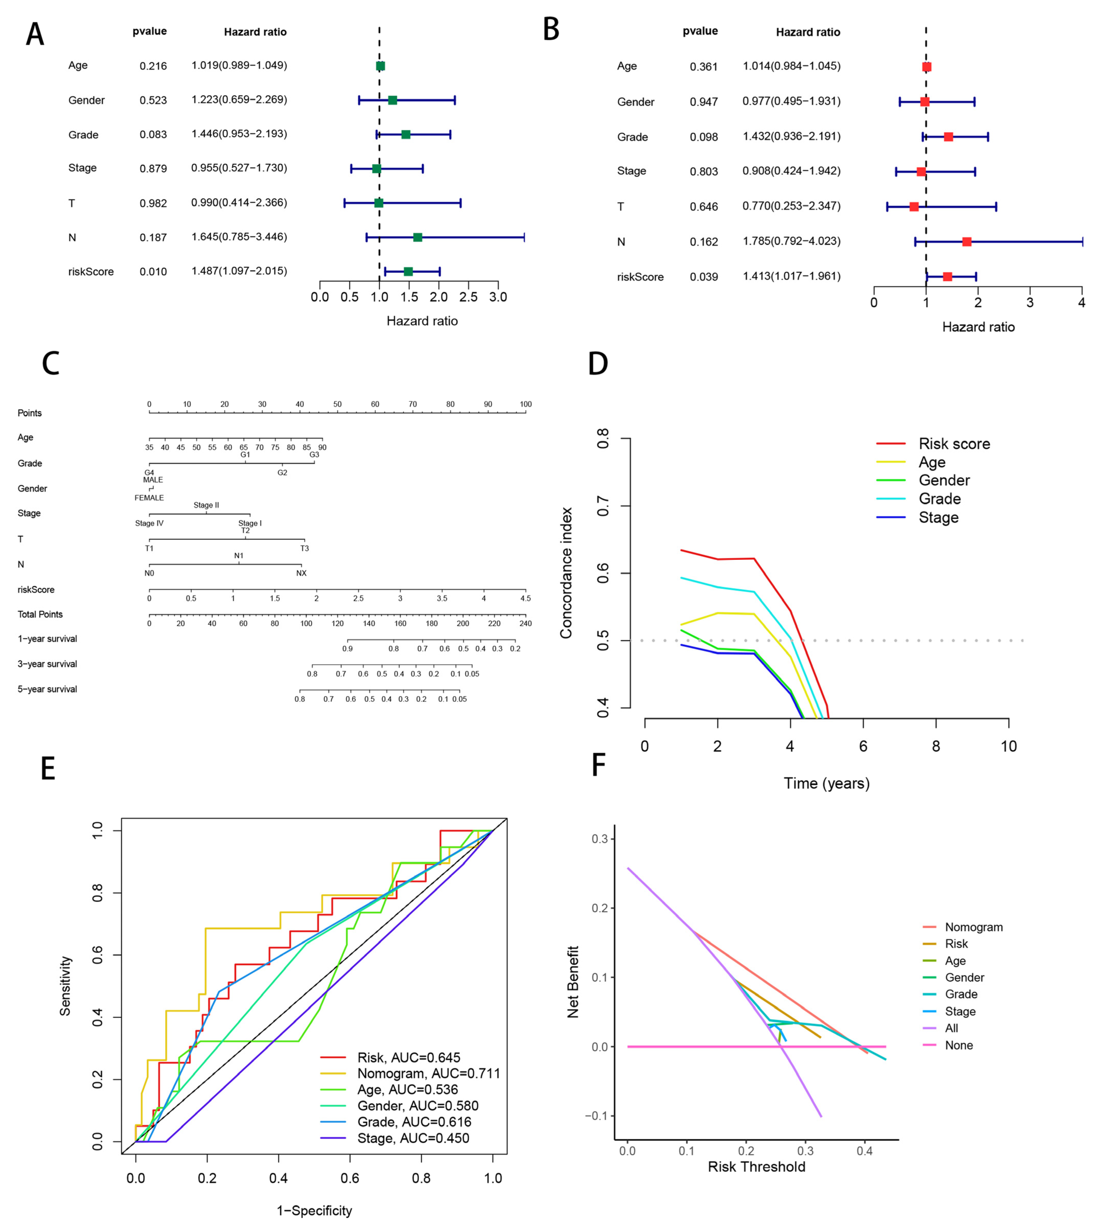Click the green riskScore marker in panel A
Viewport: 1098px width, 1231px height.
pos(408,271)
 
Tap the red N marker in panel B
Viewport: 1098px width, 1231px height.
pos(966,242)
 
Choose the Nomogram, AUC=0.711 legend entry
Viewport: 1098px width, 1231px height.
pos(428,1074)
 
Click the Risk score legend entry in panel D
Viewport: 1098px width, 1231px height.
pos(954,444)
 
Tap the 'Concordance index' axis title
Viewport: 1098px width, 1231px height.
pos(566,573)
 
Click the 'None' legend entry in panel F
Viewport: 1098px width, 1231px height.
pos(959,1045)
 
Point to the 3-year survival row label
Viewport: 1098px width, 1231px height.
pos(47,664)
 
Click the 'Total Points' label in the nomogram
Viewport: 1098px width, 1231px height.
pos(40,615)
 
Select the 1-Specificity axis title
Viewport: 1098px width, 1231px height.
pos(314,1210)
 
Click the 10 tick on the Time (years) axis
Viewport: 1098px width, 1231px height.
pos(1008,747)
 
